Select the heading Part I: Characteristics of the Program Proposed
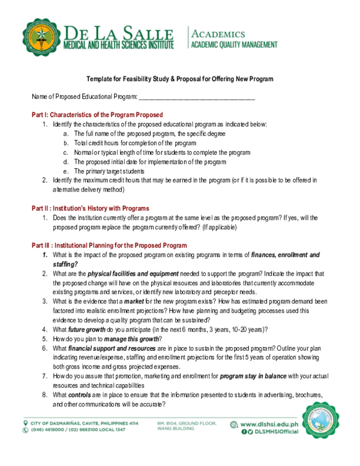point(97,115)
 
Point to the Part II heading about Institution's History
point(90,208)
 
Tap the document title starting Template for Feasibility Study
point(180,79)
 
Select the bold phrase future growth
point(87,329)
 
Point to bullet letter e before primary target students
point(66,171)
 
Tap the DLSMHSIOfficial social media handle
point(272,432)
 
